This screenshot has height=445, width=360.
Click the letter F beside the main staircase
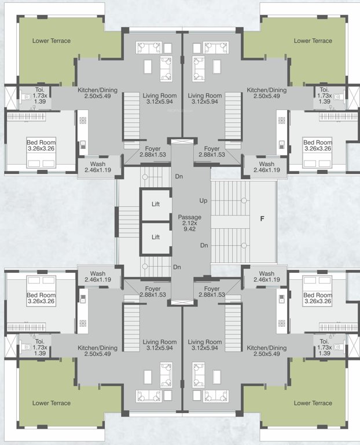(x=262, y=219)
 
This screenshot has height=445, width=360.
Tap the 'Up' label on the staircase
(x=203, y=200)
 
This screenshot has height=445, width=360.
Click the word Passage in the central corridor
(x=189, y=217)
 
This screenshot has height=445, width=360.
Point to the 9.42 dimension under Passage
(x=189, y=229)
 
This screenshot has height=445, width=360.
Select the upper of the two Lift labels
(x=155, y=204)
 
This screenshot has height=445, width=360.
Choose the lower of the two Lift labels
(x=155, y=236)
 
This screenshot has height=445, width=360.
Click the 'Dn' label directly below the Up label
(x=204, y=245)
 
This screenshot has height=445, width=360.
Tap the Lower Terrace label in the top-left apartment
(x=51, y=41)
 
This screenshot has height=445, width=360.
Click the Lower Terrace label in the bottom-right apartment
(x=313, y=403)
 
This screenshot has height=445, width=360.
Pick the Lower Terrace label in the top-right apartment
(x=313, y=41)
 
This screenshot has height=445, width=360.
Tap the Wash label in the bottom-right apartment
(x=267, y=273)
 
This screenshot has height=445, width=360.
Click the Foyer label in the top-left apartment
(x=153, y=149)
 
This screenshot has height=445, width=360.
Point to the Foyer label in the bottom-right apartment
(x=212, y=288)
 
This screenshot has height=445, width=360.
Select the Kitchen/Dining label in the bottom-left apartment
(x=97, y=348)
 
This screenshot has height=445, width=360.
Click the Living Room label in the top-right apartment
(x=205, y=96)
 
